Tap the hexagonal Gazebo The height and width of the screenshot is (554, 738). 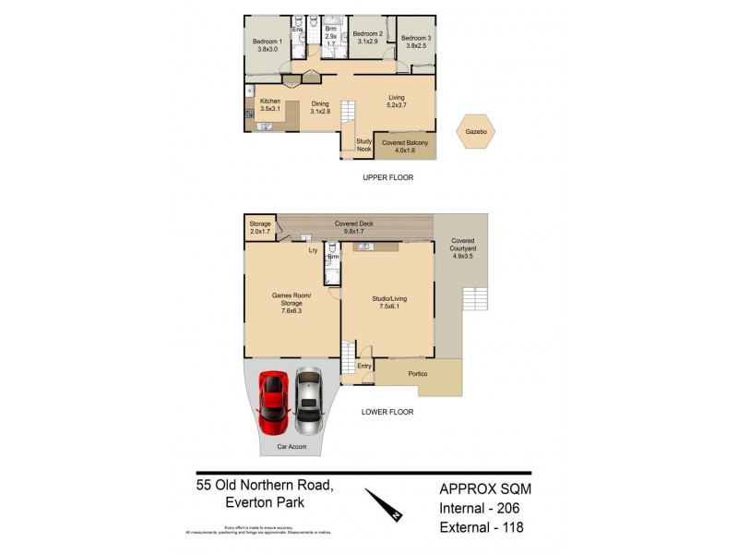(x=479, y=133)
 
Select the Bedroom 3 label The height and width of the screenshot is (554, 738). (x=415, y=42)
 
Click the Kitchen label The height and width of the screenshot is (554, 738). (x=269, y=104)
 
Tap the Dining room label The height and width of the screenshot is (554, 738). (x=320, y=107)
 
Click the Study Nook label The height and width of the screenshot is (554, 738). (x=363, y=144)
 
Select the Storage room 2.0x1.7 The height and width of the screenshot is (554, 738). (x=260, y=227)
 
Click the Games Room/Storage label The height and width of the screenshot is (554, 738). (x=292, y=303)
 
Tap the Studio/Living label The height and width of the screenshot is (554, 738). (x=387, y=303)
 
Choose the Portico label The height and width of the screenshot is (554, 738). (x=420, y=373)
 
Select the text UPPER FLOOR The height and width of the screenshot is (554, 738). (x=387, y=176)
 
